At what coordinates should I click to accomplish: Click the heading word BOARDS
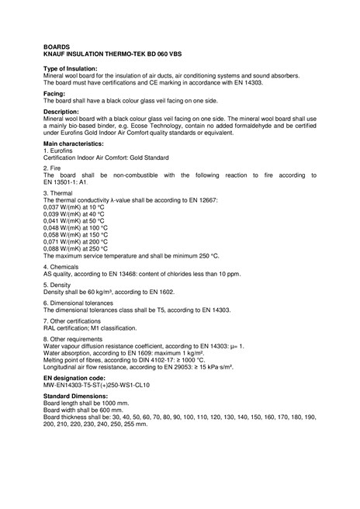pyautogui.click(x=56, y=47)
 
